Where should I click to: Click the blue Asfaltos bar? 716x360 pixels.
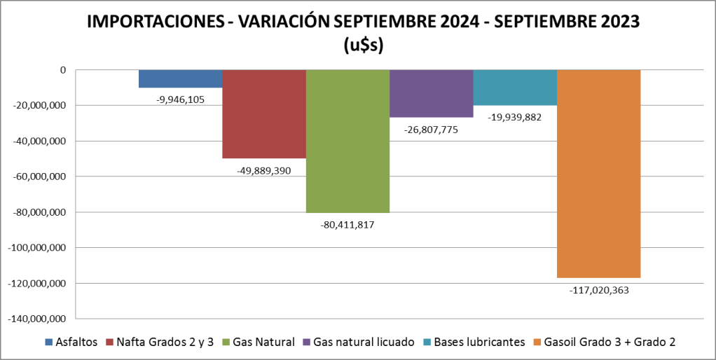[180, 78]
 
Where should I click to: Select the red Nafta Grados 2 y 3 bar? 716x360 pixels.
[264, 113]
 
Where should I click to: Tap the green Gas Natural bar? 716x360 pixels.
[347, 140]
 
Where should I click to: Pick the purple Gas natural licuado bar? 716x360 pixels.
[432, 93]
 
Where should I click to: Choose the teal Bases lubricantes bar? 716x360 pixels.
[515, 88]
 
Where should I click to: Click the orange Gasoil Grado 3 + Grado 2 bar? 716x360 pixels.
[598, 173]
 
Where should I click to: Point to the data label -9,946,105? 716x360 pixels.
[181, 99]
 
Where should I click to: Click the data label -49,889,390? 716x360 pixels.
[264, 170]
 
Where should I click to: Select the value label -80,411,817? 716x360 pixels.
[347, 224]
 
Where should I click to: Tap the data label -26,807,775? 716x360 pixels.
[432, 129]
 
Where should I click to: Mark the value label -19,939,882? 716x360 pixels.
[515, 117]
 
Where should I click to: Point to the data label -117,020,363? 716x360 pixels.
[599, 289]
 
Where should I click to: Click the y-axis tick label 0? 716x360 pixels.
[63, 70]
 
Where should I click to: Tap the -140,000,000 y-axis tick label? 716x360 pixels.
[35, 319]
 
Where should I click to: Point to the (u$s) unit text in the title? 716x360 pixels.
[363, 45]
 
